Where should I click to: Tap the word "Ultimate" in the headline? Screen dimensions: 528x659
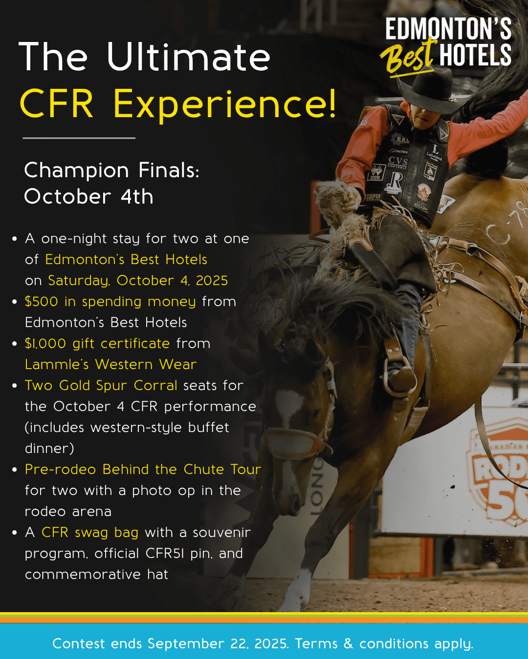tap(188, 57)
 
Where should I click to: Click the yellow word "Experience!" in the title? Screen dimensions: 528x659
tap(225, 104)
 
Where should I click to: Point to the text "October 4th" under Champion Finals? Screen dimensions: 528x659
tap(88, 196)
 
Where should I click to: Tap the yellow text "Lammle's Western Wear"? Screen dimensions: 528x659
tap(111, 365)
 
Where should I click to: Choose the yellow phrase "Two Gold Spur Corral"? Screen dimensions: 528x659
tap(101, 386)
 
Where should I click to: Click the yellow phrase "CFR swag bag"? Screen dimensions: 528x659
tap(90, 533)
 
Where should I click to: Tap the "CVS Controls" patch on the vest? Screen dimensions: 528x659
tap(397, 163)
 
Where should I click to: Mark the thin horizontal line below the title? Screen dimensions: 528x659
tap(79, 138)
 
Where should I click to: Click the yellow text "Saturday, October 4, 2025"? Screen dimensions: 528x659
tap(138, 281)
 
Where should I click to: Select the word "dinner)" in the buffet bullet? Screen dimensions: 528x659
tap(49, 449)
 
